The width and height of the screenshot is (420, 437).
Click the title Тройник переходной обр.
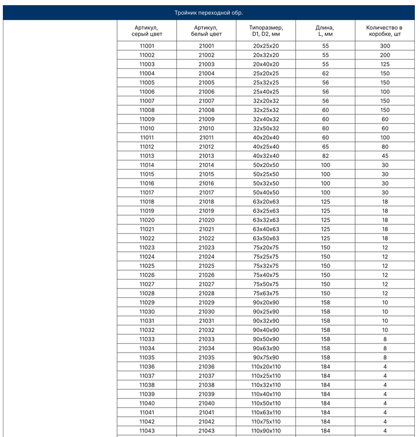[212, 13]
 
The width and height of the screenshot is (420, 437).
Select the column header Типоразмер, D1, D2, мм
[266, 31]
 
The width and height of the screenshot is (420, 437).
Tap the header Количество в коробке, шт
[385, 31]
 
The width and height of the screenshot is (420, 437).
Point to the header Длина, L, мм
[325, 31]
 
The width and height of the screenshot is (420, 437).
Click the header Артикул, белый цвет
[207, 31]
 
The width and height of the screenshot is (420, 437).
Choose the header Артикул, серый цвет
[147, 31]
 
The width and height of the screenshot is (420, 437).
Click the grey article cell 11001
[147, 46]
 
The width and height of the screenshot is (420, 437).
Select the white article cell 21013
[207, 156]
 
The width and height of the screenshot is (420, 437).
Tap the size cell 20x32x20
[266, 55]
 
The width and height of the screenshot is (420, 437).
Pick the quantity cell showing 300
[385, 46]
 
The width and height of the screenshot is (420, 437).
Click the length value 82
[325, 156]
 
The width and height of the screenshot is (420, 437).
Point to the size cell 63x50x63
[266, 238]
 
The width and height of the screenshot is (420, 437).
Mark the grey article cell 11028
[147, 293]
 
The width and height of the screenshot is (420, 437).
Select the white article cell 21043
[207, 431]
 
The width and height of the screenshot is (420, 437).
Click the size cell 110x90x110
[266, 431]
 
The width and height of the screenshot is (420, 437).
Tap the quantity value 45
[385, 156]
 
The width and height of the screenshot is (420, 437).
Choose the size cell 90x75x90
[266, 357]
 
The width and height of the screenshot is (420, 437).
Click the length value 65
[325, 147]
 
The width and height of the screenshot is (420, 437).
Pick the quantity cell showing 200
[385, 55]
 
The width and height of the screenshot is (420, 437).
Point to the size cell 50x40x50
[266, 192]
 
